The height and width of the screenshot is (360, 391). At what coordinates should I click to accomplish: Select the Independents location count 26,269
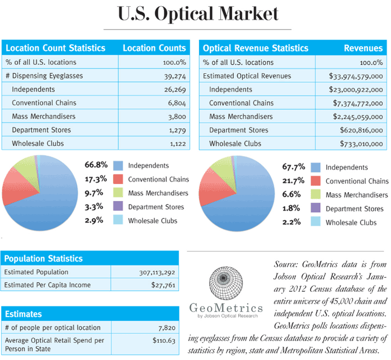click(171, 89)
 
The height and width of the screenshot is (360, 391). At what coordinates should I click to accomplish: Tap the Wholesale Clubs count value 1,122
click(174, 144)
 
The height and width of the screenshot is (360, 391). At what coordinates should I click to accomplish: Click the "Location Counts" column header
click(154, 48)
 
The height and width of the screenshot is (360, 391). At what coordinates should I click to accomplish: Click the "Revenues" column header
click(363, 48)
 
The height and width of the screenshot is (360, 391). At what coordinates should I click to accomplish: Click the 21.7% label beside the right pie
click(293, 181)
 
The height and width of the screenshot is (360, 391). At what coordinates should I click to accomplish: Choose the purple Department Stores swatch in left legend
click(118, 207)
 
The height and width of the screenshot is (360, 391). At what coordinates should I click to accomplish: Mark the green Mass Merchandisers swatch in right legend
click(315, 195)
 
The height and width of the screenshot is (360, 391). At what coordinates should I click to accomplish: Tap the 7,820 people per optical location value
click(170, 328)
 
